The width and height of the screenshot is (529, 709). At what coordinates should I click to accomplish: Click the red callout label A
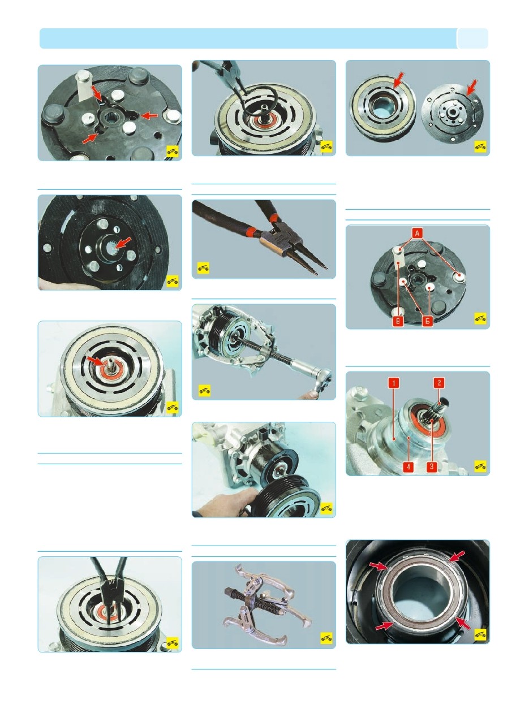[417, 232]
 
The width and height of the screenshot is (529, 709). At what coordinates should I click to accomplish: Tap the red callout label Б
[427, 321]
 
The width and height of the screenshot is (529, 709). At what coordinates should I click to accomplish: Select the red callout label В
[398, 321]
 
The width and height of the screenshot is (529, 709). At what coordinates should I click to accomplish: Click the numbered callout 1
[394, 383]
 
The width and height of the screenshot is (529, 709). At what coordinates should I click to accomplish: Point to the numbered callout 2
[439, 383]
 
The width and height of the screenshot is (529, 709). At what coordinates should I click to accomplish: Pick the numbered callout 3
[432, 466]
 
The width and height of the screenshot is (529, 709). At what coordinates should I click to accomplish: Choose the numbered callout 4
[409, 466]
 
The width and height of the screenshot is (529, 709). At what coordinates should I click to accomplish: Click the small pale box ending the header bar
[472, 38]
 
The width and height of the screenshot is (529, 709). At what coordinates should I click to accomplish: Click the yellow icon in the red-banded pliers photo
[203, 268]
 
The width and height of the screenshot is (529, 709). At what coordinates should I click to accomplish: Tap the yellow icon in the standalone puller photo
[326, 638]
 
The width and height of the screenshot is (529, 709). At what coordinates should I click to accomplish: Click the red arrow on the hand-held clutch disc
[123, 243]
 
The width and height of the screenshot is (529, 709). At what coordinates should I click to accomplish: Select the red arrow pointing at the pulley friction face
[399, 80]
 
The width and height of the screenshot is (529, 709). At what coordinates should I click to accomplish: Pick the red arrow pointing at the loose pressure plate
[471, 88]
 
